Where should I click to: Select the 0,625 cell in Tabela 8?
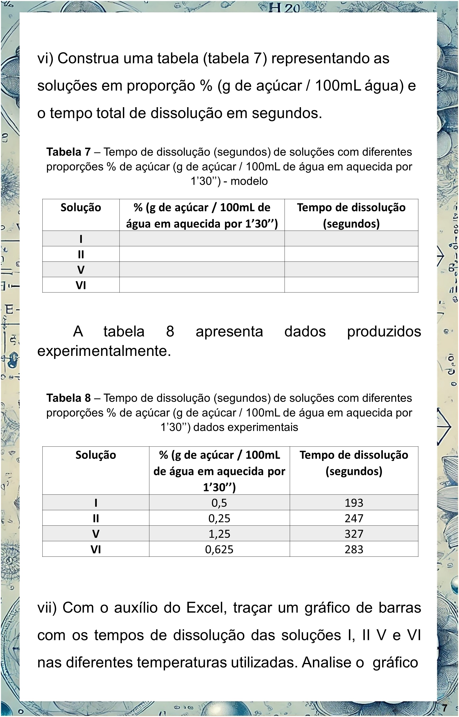219,550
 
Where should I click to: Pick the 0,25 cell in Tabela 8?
219,519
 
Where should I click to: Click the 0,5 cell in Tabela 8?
219,503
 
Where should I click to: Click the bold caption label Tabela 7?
68,152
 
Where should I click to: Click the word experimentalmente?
104,351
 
